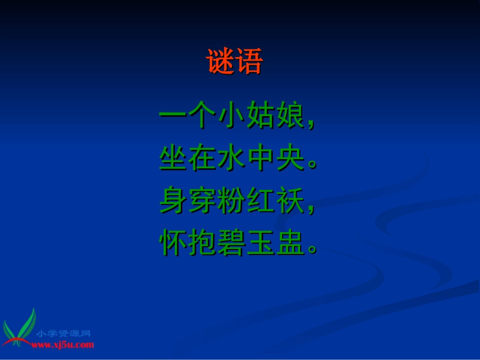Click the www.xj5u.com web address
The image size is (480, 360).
[63, 345]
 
